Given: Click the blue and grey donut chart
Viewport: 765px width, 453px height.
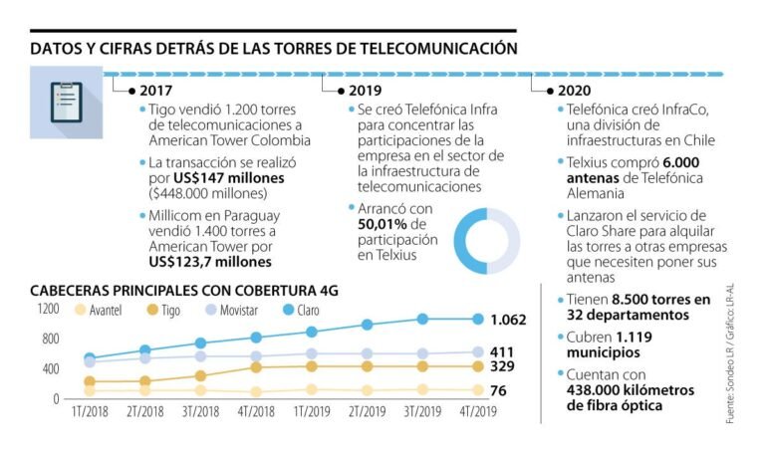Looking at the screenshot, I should (485, 240).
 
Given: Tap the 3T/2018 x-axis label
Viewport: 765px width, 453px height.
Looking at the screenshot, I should (201, 409).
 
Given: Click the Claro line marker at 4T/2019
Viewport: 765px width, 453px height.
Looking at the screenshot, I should (478, 319).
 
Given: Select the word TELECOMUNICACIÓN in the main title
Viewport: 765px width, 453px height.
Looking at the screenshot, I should (431, 47).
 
